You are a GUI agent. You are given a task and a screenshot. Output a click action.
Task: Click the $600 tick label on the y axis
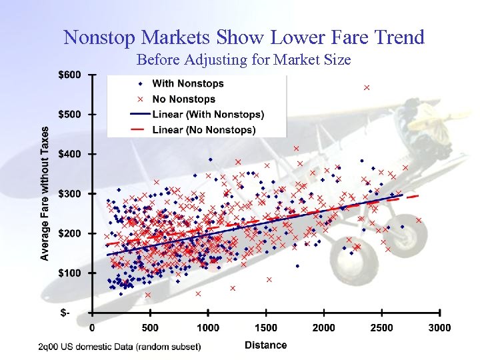69,75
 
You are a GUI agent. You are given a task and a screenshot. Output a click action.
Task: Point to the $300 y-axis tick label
69,194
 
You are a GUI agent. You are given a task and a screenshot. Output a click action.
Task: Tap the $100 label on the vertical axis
69,273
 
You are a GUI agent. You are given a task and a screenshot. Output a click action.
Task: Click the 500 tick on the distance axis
150,327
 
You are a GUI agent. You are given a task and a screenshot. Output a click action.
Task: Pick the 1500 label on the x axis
266,327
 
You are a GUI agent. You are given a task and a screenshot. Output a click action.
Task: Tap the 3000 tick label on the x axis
439,327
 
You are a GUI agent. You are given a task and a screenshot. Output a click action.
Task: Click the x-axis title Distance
265,345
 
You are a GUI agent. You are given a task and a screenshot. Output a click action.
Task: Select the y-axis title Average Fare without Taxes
45,193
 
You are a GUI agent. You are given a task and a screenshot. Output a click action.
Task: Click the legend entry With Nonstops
187,83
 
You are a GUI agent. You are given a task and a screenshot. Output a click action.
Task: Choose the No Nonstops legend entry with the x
183,99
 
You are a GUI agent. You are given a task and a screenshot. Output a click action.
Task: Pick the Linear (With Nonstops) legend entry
207,115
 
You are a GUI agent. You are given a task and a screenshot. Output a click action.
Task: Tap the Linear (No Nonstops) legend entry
203,130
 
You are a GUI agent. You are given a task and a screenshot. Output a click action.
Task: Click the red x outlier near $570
366,87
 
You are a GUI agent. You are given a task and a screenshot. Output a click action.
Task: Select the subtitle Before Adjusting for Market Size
243,60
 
